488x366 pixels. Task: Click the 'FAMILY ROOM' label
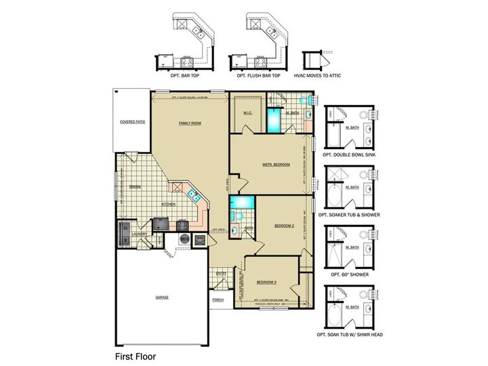[x=190, y=123]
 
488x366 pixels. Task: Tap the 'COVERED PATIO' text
[x=132, y=122]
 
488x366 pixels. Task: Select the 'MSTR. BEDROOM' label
[x=276, y=165]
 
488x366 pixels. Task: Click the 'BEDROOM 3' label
[x=266, y=282]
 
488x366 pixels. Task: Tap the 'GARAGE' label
[x=161, y=297]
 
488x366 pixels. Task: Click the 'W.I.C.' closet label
[x=247, y=113]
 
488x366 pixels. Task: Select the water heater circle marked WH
[x=184, y=239]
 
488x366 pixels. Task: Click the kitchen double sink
[x=192, y=196]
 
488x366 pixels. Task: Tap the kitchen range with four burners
[x=182, y=226]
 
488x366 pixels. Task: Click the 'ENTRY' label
[x=221, y=273]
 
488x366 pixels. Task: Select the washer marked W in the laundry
[x=125, y=239]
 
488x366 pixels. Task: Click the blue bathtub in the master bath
[x=273, y=122]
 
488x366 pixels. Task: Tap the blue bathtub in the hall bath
[x=241, y=203]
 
